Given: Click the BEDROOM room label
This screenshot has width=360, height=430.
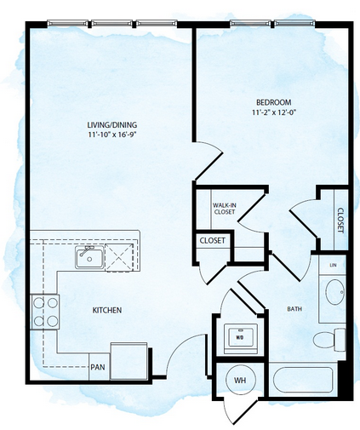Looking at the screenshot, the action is click(273, 102).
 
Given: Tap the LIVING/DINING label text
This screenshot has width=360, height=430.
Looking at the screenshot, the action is click(112, 124).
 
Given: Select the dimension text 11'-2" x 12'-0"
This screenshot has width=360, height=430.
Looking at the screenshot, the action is click(274, 112).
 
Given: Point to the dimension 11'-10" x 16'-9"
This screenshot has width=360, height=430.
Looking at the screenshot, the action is click(112, 135).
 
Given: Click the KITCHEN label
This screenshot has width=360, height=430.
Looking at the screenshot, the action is click(107, 310).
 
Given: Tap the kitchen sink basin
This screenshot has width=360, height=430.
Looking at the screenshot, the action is click(89, 257).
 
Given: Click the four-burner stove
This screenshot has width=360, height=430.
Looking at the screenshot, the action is click(45, 312).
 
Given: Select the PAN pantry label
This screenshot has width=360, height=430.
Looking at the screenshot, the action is click(98, 367).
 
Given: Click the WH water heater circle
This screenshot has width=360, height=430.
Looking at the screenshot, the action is click(241, 380).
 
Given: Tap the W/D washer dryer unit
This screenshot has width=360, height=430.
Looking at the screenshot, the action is click(241, 339).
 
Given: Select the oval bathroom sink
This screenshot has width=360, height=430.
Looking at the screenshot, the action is click(334, 292).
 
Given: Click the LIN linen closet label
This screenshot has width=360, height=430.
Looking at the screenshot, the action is click(333, 265).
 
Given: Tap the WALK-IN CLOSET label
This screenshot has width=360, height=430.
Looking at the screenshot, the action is click(225, 209).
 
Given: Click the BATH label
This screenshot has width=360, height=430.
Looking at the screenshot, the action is click(294, 309).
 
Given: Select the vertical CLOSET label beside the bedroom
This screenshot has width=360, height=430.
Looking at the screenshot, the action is click(340, 221).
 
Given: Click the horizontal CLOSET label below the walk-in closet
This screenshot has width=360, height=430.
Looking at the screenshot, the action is click(213, 241).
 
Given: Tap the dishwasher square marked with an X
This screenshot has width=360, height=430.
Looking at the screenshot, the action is click(119, 257).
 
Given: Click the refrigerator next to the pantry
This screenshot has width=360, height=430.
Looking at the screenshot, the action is click(129, 361).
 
